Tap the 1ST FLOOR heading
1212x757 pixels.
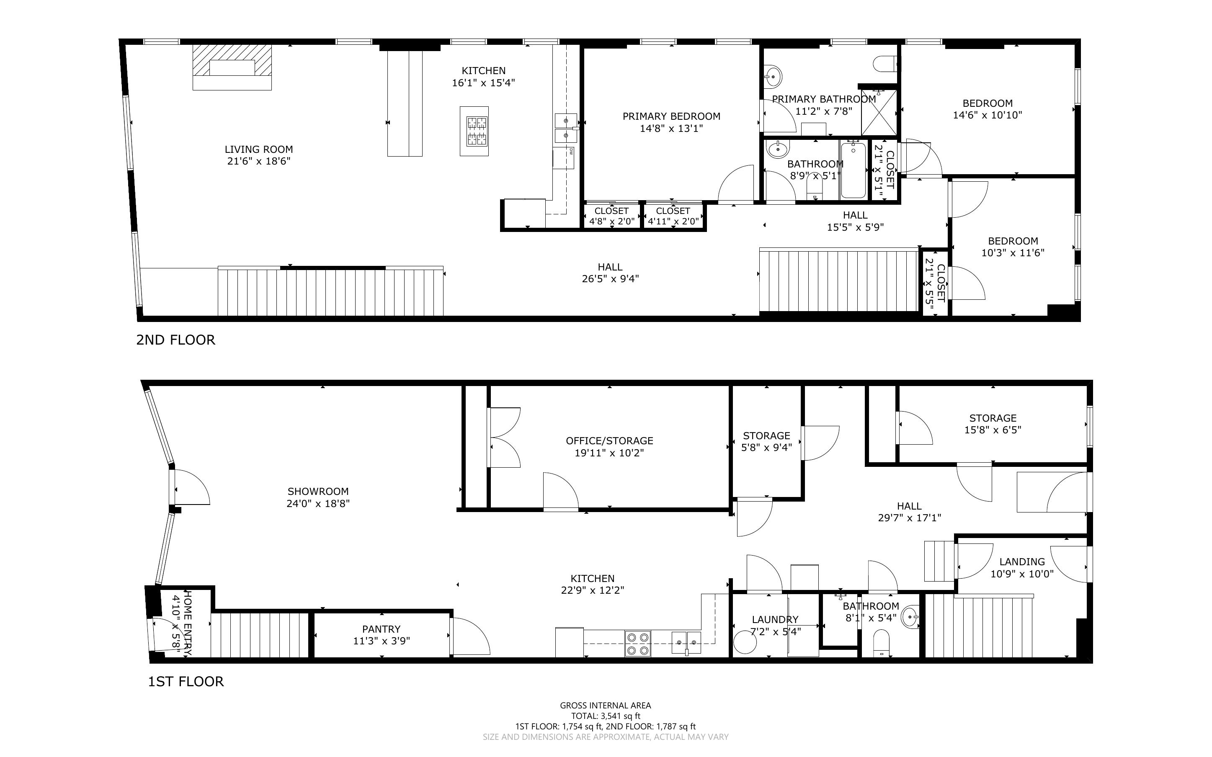tap(186, 681)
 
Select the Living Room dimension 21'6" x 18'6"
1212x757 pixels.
tap(258, 161)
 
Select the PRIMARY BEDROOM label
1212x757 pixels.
tap(671, 116)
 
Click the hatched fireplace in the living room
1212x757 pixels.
tap(232, 67)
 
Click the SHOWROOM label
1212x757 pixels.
tap(318, 492)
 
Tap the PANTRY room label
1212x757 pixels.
tap(382, 629)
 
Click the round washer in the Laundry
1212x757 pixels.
tap(745, 644)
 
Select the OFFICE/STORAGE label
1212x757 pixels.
tap(609, 440)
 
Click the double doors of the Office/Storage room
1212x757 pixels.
tap(504, 438)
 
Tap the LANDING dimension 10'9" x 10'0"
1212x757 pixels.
tap(1022, 574)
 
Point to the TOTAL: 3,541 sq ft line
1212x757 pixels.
tap(606, 716)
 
